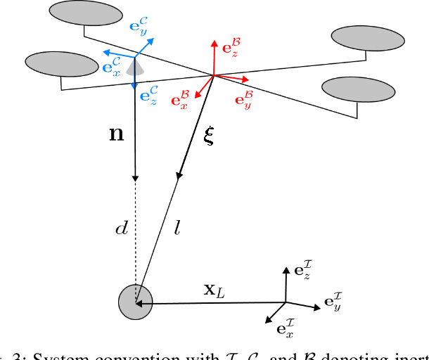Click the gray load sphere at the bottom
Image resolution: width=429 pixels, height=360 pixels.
pos(135,302)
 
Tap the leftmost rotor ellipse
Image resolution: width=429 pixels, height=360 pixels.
pos(61,64)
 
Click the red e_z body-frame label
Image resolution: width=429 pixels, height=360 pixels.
pos(232,47)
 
